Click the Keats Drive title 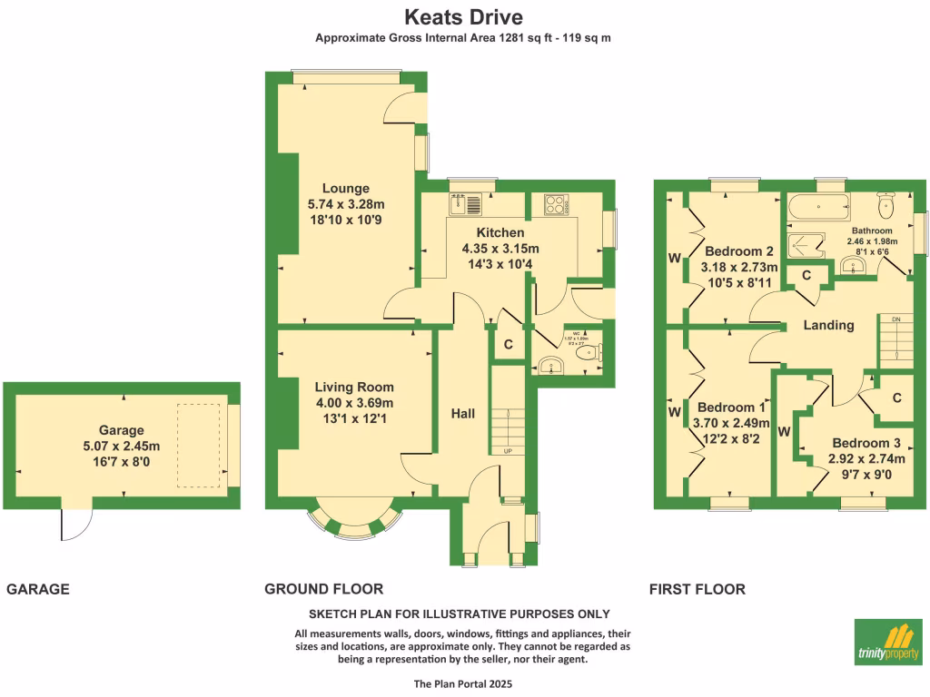pos(463,17)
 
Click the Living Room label pos(354,388)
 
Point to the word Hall pos(463,414)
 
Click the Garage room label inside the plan pos(122,430)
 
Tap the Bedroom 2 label pos(739,251)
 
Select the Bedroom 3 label pos(866,443)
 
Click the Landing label pos(828,325)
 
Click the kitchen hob pos(556,204)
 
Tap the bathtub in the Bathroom pos(820,207)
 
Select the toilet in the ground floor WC pos(593,352)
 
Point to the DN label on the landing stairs pos(895,319)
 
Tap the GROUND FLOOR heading pos(323,589)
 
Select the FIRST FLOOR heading pos(697,589)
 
